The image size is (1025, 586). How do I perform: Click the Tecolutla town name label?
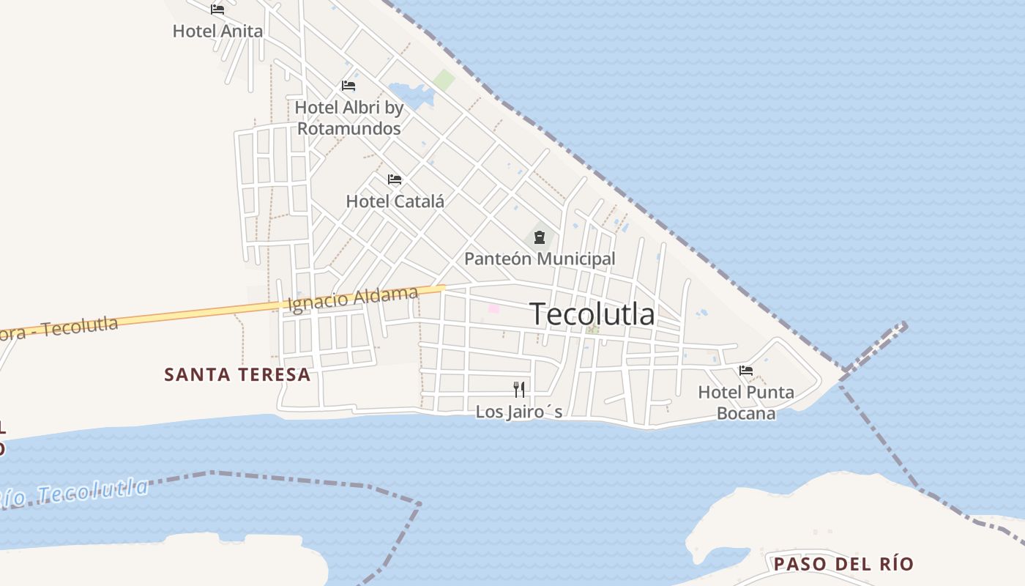[x=592, y=314]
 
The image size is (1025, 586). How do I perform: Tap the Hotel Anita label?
[x=217, y=31]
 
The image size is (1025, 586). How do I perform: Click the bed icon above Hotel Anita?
[x=217, y=10]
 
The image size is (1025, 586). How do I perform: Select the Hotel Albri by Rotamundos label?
[x=349, y=118]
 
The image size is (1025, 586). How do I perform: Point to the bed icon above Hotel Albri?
[x=348, y=86]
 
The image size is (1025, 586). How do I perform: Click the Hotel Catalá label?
[x=395, y=201]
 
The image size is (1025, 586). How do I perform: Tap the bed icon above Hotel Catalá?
[x=395, y=179]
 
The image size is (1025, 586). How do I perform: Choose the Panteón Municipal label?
[x=540, y=259]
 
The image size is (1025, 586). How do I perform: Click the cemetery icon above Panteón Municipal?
[x=540, y=237]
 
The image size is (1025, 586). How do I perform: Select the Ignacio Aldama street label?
[x=354, y=299]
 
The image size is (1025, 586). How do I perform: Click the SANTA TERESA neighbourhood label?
[x=237, y=375]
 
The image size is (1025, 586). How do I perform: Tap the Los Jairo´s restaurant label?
[x=519, y=412]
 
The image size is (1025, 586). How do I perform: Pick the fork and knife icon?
[x=519, y=389]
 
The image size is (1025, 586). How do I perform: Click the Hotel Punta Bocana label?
[x=746, y=402]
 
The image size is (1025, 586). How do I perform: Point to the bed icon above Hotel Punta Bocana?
[x=746, y=371]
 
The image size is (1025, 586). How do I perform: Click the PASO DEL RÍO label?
[x=843, y=564]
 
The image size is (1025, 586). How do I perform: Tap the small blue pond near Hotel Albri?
[x=410, y=94]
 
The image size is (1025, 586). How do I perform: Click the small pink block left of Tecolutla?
[x=494, y=308]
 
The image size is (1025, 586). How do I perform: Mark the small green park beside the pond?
[x=444, y=80]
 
